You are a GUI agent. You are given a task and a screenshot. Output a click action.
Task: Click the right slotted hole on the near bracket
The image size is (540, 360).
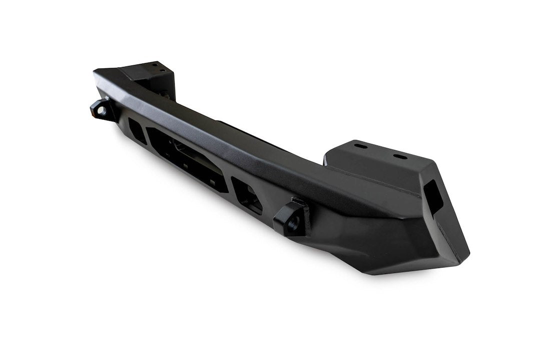[400, 156]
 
